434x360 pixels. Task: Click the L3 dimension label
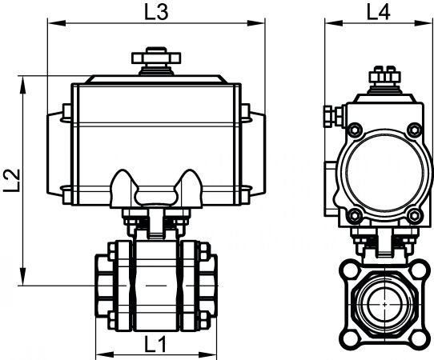pyautogui.click(x=156, y=13)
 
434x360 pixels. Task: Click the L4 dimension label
pyautogui.click(x=379, y=13)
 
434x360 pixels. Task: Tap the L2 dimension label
pyautogui.click(x=12, y=181)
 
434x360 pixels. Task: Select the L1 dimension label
pyautogui.click(x=155, y=344)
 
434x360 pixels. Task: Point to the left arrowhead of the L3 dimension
pyautogui.click(x=57, y=22)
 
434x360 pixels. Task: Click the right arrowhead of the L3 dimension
pyautogui.click(x=256, y=22)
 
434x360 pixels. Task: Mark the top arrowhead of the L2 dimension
pyautogui.click(x=23, y=86)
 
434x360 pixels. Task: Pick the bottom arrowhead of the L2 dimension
pyautogui.click(x=23, y=276)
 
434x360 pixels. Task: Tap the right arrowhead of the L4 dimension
pyautogui.click(x=424, y=22)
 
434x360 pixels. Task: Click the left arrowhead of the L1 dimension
pyautogui.click(x=105, y=354)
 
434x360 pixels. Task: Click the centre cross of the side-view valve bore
pyautogui.click(x=384, y=304)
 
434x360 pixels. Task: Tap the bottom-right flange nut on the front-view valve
pyautogui.click(x=203, y=320)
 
